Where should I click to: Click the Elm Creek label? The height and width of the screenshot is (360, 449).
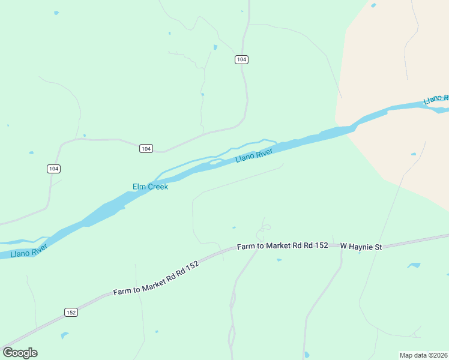[x=150, y=187]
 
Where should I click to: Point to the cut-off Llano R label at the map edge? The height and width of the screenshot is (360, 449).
[x=436, y=99]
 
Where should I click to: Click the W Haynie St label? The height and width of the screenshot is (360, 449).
[x=361, y=246]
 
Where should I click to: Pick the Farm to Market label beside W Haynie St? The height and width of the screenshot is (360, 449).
[x=282, y=246]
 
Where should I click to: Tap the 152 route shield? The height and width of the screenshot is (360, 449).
[x=71, y=312]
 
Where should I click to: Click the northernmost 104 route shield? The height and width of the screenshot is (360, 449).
[x=241, y=59]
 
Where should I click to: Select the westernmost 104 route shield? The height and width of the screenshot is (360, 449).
[x=53, y=169]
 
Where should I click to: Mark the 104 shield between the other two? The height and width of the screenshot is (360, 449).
[x=146, y=148]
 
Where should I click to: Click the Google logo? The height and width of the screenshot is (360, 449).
[x=20, y=352]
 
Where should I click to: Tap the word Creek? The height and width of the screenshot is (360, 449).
[x=157, y=187]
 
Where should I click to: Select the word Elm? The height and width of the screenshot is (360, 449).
[x=139, y=187]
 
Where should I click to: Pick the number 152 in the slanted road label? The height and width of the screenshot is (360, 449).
[x=191, y=265]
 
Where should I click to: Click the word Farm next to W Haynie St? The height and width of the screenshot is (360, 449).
[x=246, y=247]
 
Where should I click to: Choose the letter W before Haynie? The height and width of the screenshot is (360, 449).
[x=344, y=246]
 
